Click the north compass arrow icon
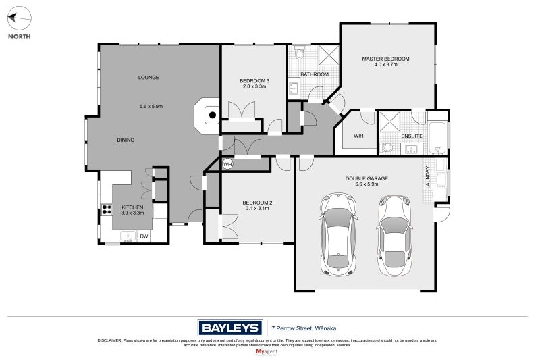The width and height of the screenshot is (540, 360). point(20,18)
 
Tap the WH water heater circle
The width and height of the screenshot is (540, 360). point(227,164)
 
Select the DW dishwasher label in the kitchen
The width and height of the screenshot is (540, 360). point(144,236)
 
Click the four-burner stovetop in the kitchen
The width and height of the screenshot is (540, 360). point(107,209)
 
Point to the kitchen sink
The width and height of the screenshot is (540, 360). point(128,236)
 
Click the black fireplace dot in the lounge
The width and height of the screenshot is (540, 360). point(213,115)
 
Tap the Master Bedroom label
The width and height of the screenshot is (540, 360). point(385,59)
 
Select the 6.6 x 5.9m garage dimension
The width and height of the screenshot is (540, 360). point(367,184)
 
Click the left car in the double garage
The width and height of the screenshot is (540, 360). point(338,234)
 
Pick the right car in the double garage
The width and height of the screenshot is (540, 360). point(394,235)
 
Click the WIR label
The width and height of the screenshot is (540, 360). point(358,136)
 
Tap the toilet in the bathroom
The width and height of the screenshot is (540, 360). point(299,53)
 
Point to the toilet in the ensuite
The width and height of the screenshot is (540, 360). point(386,148)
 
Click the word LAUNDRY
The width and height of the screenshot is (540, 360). point(427,177)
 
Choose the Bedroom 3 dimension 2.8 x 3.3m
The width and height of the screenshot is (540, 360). point(254,86)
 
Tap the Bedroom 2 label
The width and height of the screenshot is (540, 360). point(257,203)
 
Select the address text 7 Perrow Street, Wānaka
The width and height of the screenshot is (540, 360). point(304,328)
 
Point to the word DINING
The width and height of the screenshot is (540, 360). point(126,140)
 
